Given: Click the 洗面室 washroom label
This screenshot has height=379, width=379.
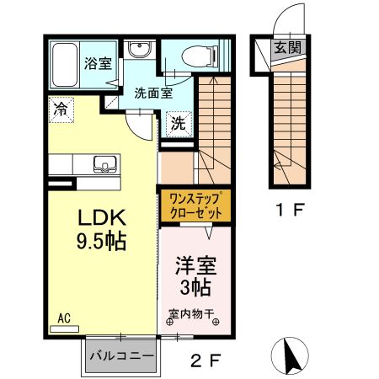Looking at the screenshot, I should pos(152,93).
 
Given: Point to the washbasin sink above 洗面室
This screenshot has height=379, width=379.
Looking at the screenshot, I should pos(141,51).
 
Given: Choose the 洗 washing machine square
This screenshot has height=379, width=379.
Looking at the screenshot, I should pos(179,122).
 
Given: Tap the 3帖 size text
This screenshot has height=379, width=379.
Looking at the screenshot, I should pos(195,287).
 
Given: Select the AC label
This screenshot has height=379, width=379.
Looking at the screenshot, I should pos(64,318).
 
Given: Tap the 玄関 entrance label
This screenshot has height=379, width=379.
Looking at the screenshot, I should pos(286,47).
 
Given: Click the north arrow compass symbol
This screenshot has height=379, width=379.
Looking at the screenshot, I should pos(291,355).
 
